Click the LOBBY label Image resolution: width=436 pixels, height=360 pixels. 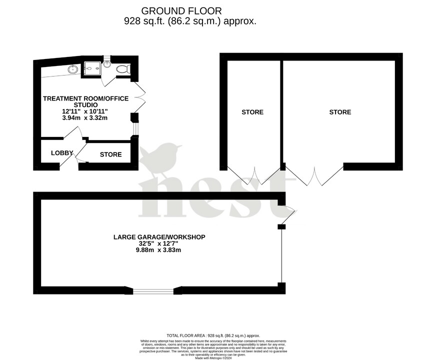[62, 153]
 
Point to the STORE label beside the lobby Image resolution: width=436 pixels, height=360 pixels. [110, 154]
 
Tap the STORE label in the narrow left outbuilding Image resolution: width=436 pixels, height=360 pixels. [252, 112]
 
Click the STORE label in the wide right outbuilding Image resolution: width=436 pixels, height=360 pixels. [340, 112]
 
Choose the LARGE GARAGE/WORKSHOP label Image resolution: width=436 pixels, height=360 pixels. [159, 237]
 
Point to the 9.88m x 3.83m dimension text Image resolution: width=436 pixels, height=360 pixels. [159, 250]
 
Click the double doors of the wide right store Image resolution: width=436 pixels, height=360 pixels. [314, 176]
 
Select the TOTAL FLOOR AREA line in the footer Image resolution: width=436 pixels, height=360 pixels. [213, 335]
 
